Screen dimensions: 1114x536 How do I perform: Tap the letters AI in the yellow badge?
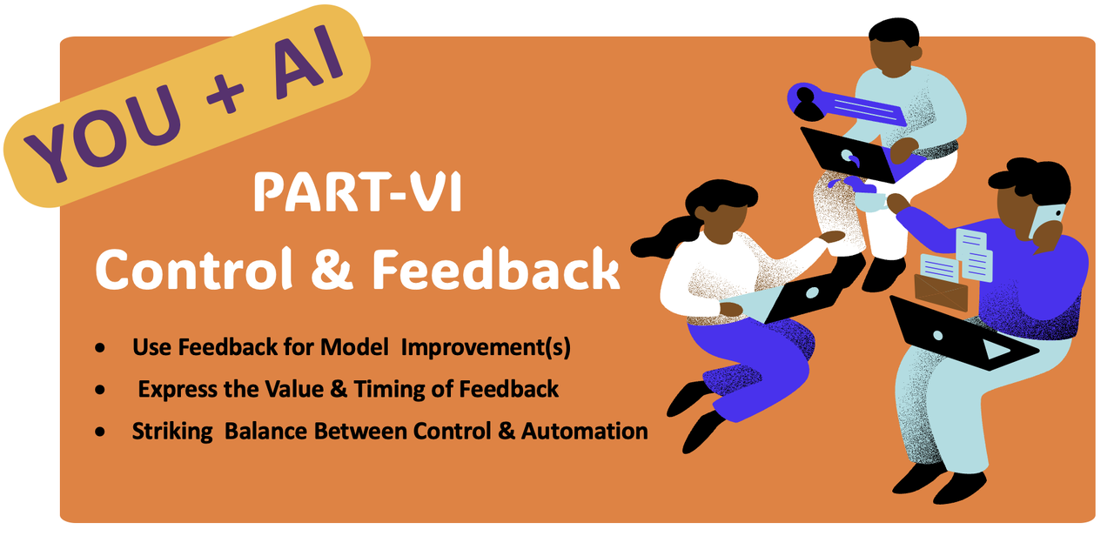coord(308,58)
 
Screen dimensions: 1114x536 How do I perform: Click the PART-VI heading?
coord(358,192)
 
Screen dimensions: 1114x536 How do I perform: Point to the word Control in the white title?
coord(194,269)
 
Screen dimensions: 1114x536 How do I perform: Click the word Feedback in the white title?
coord(496,269)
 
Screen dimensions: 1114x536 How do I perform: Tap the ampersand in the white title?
coord(332,270)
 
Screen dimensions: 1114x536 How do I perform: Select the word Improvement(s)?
coord(486,348)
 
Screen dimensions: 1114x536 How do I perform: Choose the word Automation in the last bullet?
coord(584,431)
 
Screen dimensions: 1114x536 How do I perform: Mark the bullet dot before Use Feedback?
coord(100,347)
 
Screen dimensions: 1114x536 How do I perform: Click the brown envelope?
coord(941,292)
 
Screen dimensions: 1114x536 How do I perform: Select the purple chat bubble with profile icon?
coord(845,105)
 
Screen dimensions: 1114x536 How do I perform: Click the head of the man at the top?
coord(894,47)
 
